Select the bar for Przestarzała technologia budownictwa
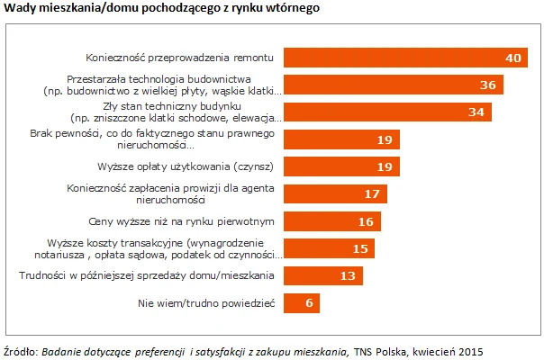pyautogui.click(x=393, y=85)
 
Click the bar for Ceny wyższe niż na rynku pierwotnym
pyautogui.click(x=332, y=221)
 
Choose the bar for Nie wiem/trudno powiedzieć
pyautogui.click(x=302, y=302)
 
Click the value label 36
pyautogui.click(x=489, y=85)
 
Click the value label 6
pyautogui.click(x=309, y=302)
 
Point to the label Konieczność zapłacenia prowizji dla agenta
pyautogui.click(x=171, y=189)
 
